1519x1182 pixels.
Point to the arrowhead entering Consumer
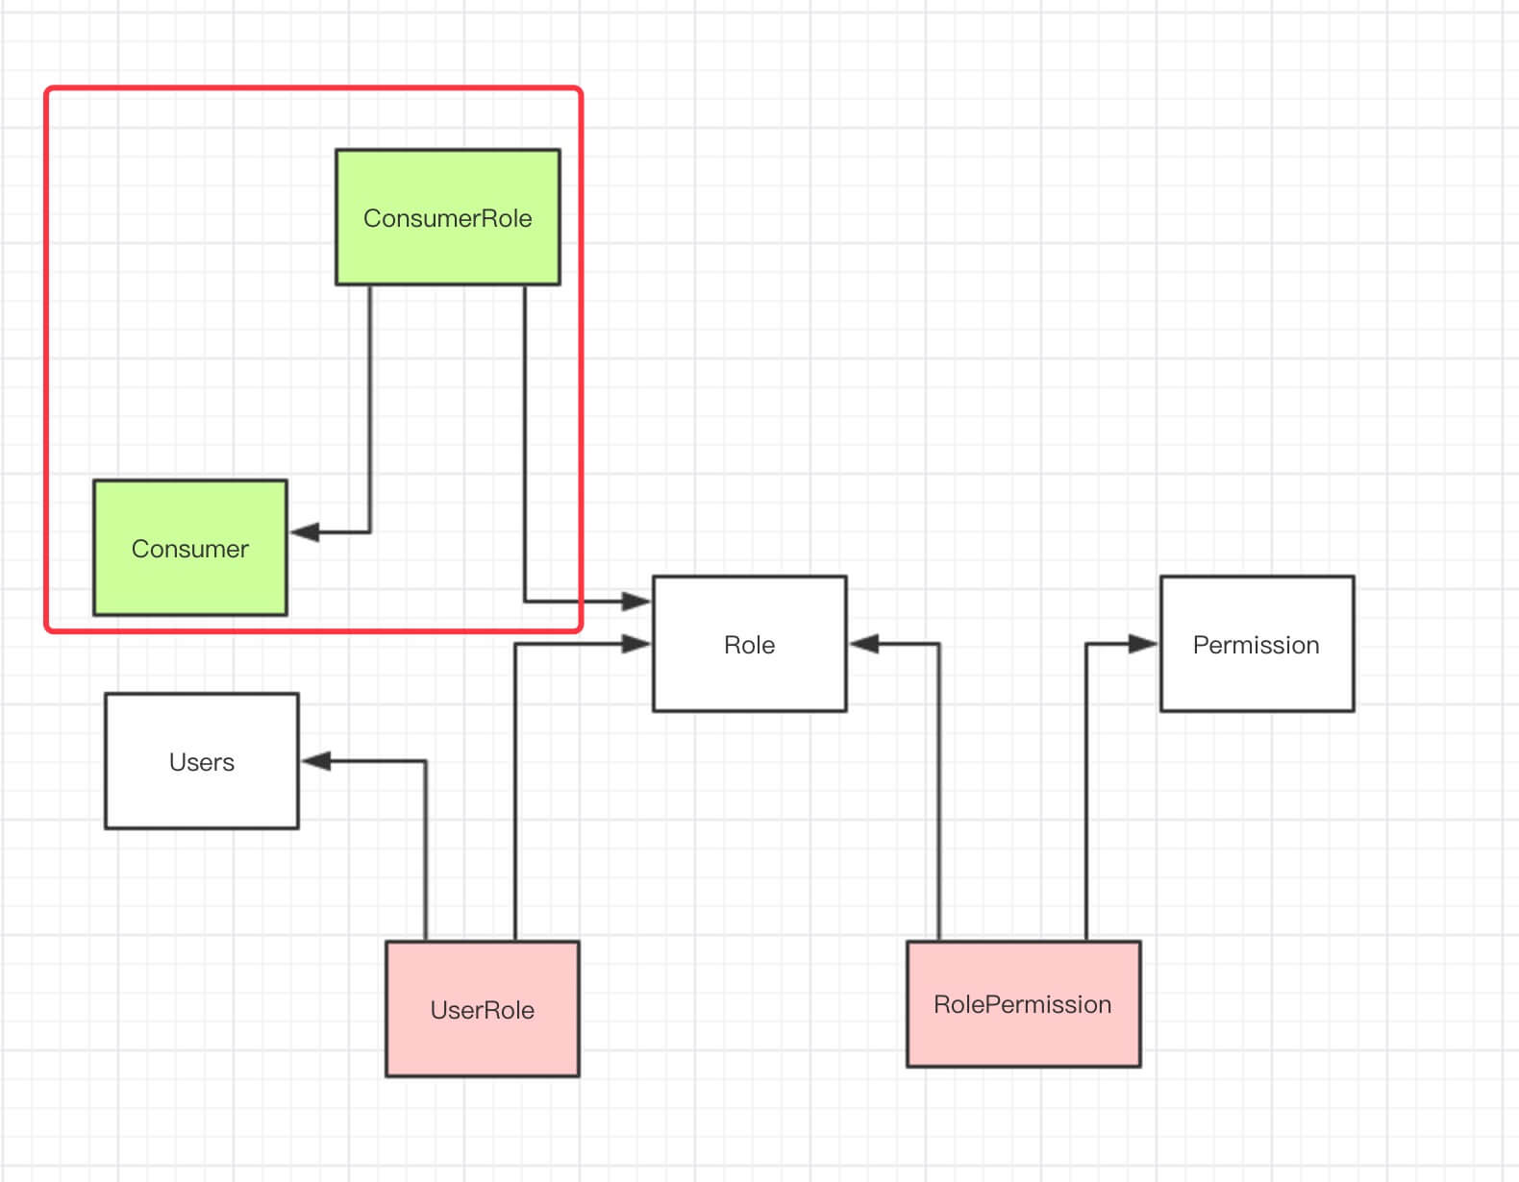(x=304, y=531)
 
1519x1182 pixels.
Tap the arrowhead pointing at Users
(x=315, y=761)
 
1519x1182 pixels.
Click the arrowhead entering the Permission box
(x=1144, y=644)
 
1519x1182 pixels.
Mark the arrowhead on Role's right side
(x=864, y=644)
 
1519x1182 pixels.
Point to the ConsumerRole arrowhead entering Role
(x=636, y=602)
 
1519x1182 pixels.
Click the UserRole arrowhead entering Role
(x=636, y=644)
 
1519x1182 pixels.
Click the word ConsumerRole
(x=447, y=218)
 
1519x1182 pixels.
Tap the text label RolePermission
(x=1022, y=1004)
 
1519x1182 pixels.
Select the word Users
(x=201, y=762)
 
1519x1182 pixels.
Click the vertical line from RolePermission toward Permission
(x=1086, y=798)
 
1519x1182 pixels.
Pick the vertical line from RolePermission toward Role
(x=939, y=798)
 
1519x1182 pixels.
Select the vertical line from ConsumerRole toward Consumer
(x=370, y=404)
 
